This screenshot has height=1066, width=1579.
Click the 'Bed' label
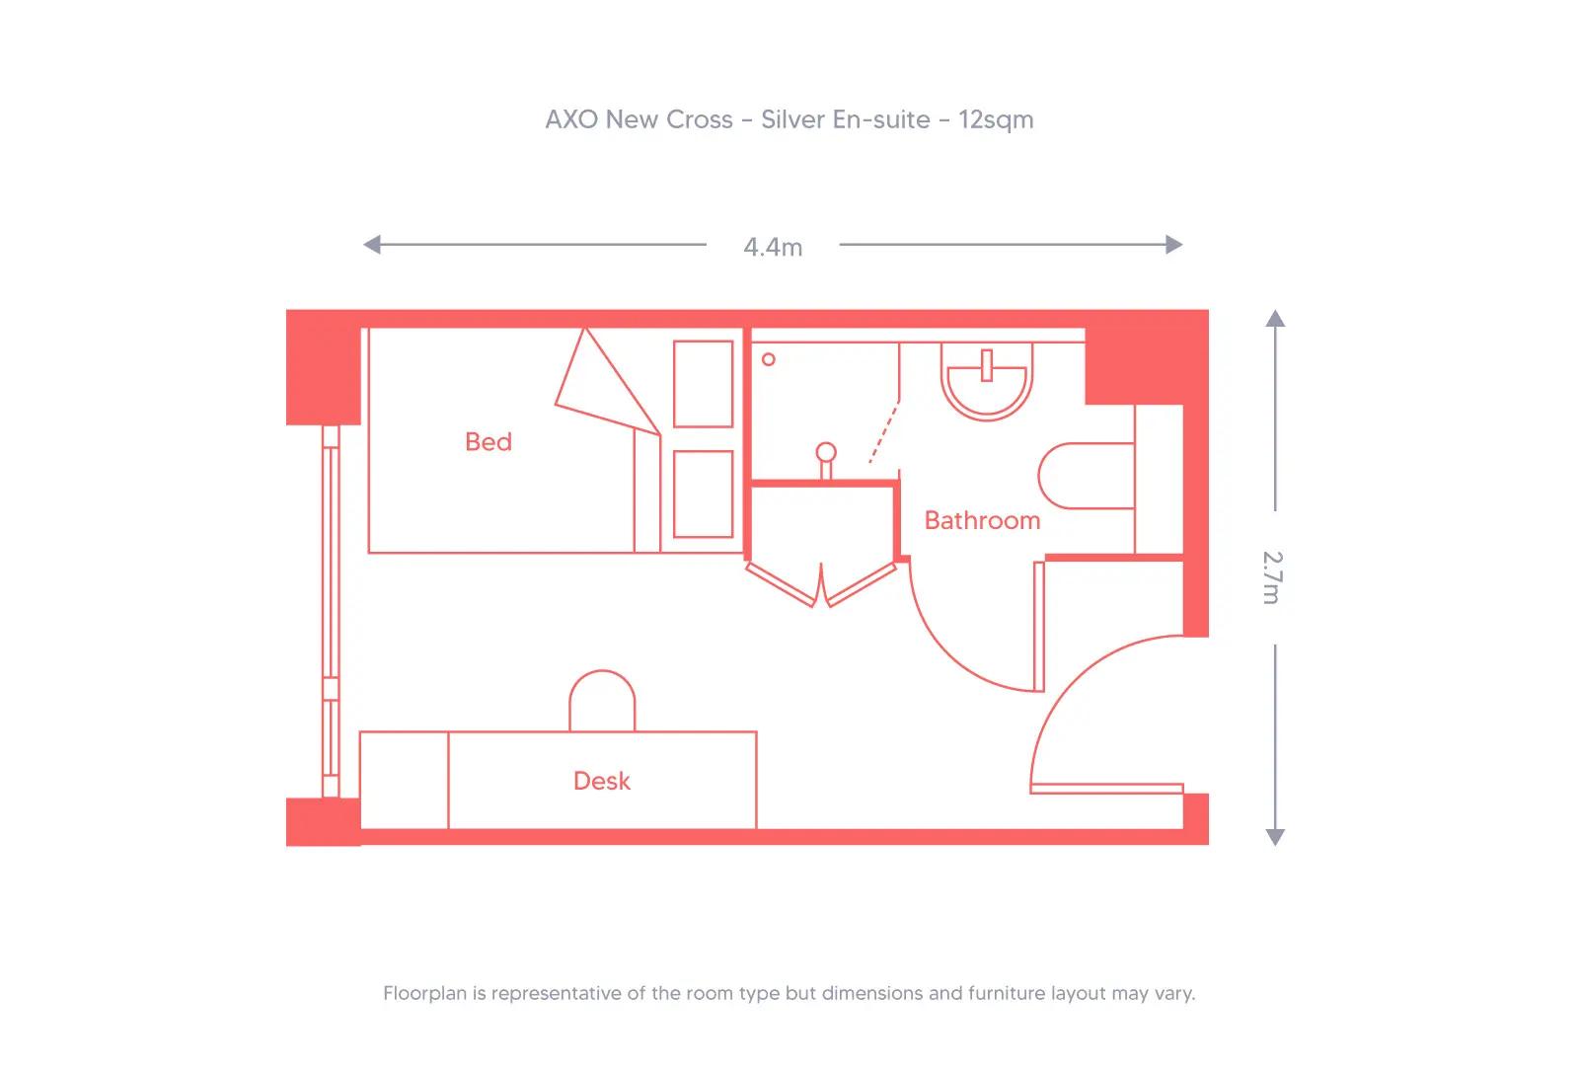[489, 441]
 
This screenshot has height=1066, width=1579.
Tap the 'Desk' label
[601, 781]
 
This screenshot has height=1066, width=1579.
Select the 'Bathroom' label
[982, 520]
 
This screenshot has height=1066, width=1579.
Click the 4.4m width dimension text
[773, 247]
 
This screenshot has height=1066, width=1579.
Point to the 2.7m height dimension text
[1273, 576]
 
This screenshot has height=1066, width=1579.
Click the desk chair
[602, 702]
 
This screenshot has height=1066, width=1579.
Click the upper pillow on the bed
[703, 384]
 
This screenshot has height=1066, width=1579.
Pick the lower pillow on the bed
[703, 494]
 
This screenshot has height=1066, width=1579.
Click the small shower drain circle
[769, 359]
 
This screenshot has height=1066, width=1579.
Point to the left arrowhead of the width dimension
[371, 244]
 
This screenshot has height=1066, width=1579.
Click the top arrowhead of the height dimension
[1275, 318]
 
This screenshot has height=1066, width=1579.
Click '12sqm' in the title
[996, 119]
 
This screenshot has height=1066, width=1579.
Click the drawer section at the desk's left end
[404, 780]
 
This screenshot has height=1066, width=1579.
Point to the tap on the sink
[986, 364]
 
